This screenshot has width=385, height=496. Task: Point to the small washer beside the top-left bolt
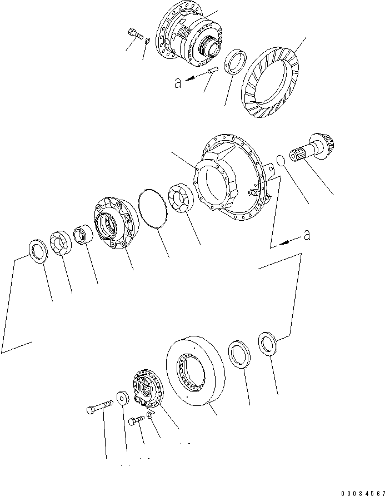(x=147, y=41)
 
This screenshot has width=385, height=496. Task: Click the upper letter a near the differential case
(x=177, y=83)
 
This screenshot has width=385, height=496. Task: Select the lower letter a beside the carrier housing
(x=306, y=236)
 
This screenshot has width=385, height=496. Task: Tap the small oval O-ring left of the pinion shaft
(x=281, y=161)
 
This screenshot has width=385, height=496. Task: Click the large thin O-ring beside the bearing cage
(x=153, y=209)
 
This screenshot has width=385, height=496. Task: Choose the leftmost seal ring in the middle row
(x=38, y=252)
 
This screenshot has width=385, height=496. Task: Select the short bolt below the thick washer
(x=136, y=421)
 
